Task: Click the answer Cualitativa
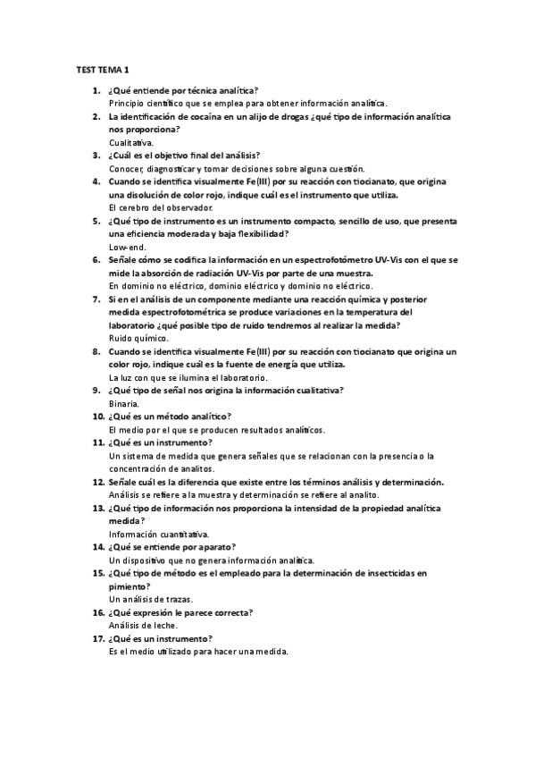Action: click(x=131, y=142)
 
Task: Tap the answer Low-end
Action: click(x=126, y=246)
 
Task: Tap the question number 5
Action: click(x=99, y=220)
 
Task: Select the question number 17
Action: click(x=99, y=639)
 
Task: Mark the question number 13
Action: click(x=99, y=508)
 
